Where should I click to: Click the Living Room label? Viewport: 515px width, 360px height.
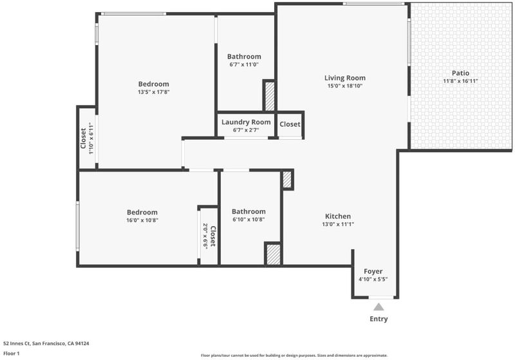coord(345,78)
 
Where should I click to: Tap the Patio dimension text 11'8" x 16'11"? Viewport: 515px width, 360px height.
coord(460,81)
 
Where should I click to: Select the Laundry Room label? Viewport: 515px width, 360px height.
coord(246,122)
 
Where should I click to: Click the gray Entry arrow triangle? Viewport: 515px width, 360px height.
coord(379,307)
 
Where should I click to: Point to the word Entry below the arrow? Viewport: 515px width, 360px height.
coord(379,319)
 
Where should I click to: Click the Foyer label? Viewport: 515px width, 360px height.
coord(373,271)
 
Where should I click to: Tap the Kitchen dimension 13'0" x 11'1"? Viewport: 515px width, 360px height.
coord(338,224)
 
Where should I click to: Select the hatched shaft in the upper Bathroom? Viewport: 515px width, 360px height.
coord(270,96)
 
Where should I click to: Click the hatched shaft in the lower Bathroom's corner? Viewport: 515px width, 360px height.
coord(273,254)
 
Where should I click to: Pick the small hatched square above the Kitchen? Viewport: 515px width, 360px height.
coord(287,180)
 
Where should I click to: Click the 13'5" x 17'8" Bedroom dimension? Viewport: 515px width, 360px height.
coord(153,92)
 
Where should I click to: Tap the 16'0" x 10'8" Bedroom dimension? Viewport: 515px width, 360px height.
coord(142,220)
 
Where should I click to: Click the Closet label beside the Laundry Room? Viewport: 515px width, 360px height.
coord(290,124)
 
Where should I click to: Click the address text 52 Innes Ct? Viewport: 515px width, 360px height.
coord(17,343)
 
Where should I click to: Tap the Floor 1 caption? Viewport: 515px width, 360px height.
coord(12,354)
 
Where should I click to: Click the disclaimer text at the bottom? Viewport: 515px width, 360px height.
coord(294,355)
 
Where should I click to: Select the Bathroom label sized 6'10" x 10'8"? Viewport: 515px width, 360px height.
coord(248,211)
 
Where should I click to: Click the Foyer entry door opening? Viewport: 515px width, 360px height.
coord(381,298)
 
